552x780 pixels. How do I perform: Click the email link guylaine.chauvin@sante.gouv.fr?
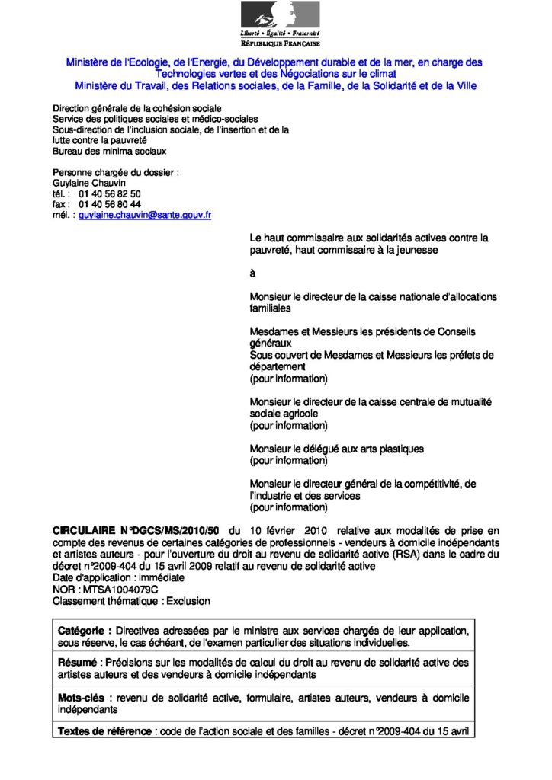pos(145,216)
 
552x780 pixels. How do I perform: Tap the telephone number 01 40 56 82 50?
pos(110,194)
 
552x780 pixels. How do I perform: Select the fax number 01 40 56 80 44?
pos(110,205)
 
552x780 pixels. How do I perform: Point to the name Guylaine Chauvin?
pos(85,184)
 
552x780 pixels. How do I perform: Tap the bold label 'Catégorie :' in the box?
pos(85,631)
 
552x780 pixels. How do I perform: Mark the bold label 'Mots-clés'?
pos(82,698)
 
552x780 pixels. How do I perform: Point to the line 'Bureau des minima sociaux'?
pos(109,151)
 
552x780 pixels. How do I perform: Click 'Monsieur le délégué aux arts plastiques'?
pos(337,449)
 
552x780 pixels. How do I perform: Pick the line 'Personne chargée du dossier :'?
pos(115,173)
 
